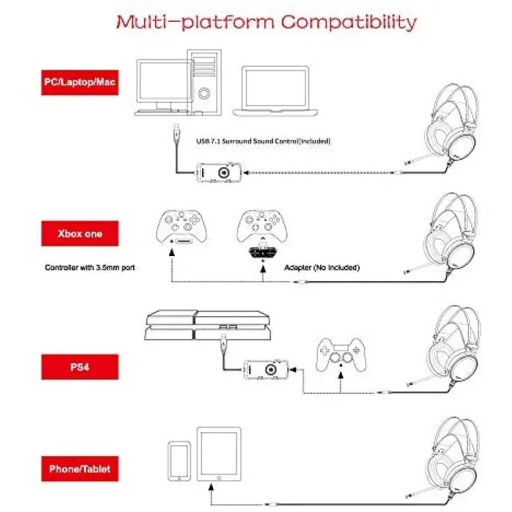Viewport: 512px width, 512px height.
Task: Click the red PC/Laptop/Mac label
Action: click(x=80, y=83)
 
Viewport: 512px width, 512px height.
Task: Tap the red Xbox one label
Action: click(x=80, y=233)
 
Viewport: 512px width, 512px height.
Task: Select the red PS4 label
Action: click(x=80, y=367)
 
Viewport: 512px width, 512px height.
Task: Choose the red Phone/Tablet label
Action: click(x=80, y=469)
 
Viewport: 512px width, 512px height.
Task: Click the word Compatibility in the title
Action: click(x=349, y=23)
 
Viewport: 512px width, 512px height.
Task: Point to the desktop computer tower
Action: click(x=204, y=83)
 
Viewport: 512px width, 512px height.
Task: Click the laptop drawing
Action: click(x=275, y=91)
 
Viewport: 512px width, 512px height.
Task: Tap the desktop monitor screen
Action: click(x=165, y=81)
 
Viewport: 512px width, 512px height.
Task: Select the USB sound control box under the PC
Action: click(x=218, y=172)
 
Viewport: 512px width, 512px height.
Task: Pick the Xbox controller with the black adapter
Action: click(x=262, y=226)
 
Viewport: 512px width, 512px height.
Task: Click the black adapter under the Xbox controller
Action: click(x=262, y=252)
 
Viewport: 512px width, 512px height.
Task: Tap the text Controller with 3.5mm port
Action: click(x=90, y=268)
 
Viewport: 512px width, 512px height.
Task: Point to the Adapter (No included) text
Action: click(x=322, y=268)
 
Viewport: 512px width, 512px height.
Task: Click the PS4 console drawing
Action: click(x=208, y=325)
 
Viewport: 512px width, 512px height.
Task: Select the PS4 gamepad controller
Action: click(x=341, y=354)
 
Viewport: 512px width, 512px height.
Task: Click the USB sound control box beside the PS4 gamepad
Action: click(x=266, y=369)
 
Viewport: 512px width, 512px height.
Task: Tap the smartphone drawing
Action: click(x=180, y=461)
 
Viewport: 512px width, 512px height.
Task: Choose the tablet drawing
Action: click(x=218, y=454)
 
